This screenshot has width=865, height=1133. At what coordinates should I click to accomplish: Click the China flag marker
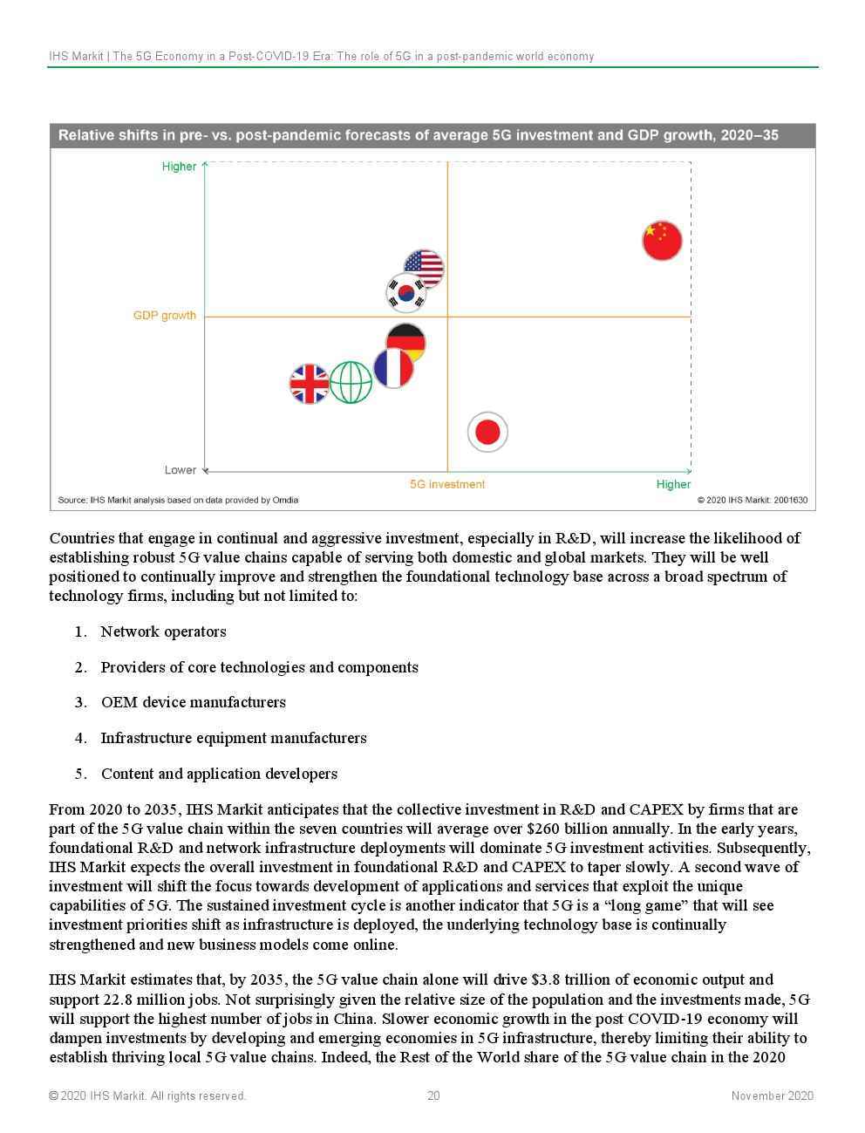coord(662,241)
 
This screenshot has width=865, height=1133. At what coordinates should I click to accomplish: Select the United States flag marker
coord(425,268)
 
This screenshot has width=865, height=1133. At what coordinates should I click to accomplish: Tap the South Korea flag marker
coord(405,293)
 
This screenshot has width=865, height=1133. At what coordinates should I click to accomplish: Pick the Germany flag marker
coord(406,342)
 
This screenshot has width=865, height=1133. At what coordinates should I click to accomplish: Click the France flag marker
coord(393,368)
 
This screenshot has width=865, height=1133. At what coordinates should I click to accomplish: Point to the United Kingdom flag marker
coord(310,384)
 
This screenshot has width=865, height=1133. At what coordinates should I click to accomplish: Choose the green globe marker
coord(351,383)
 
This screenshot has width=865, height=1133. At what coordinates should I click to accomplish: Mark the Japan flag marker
coord(487,432)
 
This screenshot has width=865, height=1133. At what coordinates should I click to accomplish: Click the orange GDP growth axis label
coord(165,316)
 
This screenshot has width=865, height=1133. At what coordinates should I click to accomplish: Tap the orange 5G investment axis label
coord(447,484)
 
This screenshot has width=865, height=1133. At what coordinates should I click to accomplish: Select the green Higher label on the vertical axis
coord(179,167)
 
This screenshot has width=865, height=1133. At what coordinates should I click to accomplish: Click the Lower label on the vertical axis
coord(180,470)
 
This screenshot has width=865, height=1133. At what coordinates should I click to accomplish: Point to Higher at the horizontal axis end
coord(673,484)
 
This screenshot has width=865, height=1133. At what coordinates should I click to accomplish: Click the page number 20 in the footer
coord(433,1095)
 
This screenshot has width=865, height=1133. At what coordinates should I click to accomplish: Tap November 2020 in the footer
coord(772,1095)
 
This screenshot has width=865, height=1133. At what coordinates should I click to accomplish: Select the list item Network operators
coord(163,631)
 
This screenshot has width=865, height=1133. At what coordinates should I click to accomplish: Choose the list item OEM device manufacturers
coord(193,702)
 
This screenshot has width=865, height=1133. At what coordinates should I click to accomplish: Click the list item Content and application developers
coord(219,774)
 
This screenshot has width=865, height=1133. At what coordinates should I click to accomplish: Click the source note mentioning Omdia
coord(178,500)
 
